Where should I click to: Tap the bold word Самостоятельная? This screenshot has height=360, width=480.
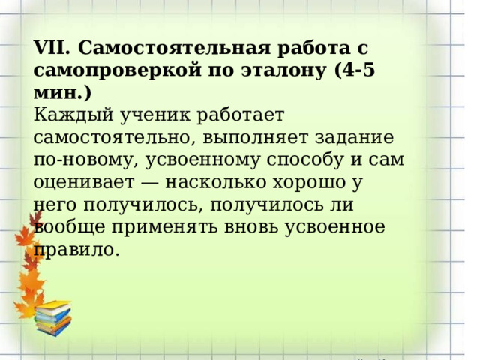(165, 49)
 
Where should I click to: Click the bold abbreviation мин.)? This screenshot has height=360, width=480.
(63, 94)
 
